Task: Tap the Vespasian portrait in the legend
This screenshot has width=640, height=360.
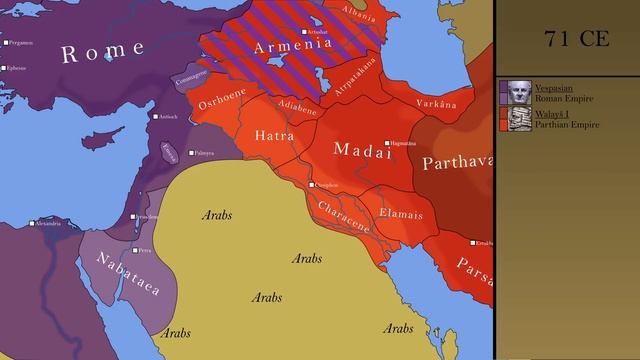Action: coord(518,92)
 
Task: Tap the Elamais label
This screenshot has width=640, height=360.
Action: coord(401,214)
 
